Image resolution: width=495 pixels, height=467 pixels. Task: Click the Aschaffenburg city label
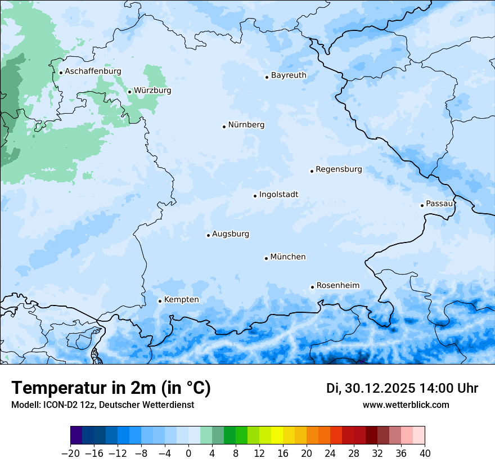[93, 71]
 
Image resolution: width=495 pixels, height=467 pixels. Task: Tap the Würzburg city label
[152, 91]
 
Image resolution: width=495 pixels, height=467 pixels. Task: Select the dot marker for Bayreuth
[267, 77]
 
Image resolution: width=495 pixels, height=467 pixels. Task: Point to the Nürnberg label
[246, 125]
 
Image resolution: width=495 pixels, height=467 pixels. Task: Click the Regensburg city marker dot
[312, 171]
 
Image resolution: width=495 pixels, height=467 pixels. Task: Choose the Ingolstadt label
[278, 195]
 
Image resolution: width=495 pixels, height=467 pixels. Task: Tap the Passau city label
[439, 204]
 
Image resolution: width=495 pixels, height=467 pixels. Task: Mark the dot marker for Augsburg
[208, 235]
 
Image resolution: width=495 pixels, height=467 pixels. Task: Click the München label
[288, 257]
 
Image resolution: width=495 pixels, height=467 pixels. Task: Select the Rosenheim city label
[337, 286]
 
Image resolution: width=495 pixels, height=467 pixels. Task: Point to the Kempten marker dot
[160, 301]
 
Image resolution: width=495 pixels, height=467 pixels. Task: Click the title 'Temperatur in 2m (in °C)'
[111, 388]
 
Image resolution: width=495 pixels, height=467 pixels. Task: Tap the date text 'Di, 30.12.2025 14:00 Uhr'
[402, 388]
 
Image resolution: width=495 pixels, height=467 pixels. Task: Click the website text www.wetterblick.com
[406, 405]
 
